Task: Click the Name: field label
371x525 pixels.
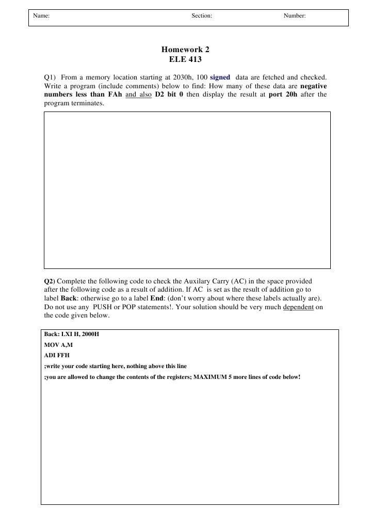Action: pos(41,16)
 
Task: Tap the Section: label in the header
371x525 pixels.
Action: pos(202,16)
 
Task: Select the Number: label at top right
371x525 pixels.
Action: pos(295,16)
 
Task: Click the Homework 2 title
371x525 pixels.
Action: pos(185,50)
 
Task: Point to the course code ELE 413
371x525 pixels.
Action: pos(185,59)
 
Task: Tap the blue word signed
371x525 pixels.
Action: pos(220,77)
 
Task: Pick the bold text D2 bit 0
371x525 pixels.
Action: pos(169,94)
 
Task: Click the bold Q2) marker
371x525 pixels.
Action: pos(49,281)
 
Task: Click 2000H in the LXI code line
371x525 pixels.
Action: pos(88,335)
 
